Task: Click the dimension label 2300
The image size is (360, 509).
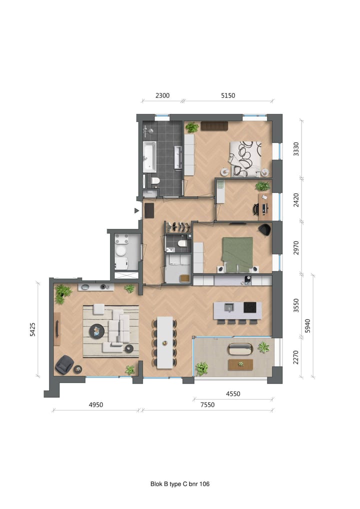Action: coord(162,95)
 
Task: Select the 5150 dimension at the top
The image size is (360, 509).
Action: coord(227,95)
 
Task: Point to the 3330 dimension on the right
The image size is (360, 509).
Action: coord(296,149)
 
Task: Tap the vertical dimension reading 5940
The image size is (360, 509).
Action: coord(308,325)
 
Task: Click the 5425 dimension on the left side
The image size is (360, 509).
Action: coord(32,329)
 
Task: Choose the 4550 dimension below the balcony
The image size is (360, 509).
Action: coord(232,393)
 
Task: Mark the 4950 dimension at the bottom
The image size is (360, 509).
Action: coord(95,405)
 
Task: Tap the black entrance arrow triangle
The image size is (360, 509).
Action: coord(136,210)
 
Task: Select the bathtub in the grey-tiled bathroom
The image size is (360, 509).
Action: coord(149,156)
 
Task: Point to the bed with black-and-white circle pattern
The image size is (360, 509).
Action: coord(245,158)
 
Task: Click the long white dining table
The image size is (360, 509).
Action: coord(164,342)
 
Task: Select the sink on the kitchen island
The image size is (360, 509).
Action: coord(229,307)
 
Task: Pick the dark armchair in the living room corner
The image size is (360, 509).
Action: coord(64,364)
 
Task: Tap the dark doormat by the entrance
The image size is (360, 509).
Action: coord(149,210)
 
